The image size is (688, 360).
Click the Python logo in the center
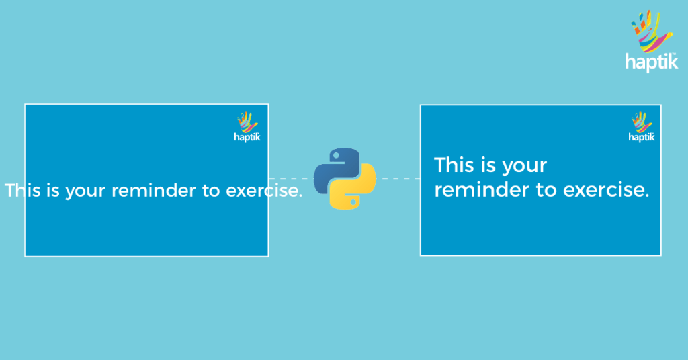[344, 179]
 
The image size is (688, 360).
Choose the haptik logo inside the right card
[642, 127]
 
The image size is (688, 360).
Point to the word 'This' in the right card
[454, 165]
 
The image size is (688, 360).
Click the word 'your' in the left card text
[86, 191]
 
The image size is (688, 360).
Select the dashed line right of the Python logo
[397, 179]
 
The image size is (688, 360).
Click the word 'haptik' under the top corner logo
[651, 62]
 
